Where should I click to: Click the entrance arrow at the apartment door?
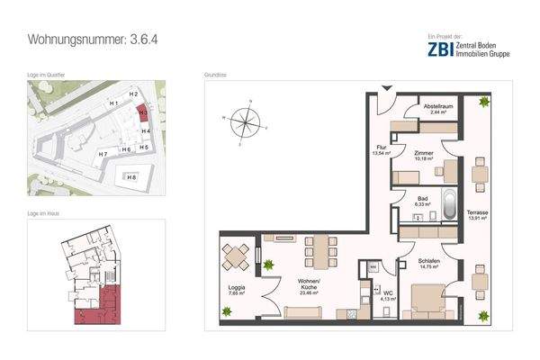(387, 86)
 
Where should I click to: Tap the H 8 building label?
(131, 177)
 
